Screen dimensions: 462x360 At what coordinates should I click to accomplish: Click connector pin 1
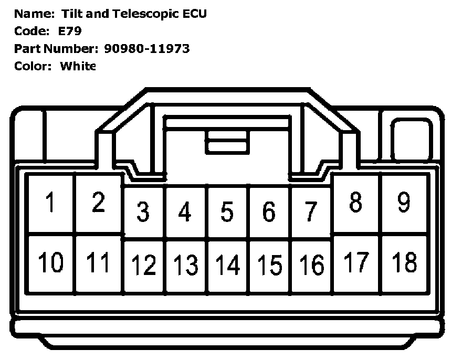pos(51,204)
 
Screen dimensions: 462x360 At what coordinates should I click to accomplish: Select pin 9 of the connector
pos(404,203)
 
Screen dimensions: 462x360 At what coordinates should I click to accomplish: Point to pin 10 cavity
pos(51,262)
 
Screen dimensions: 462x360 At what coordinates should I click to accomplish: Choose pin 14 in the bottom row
pos(227,266)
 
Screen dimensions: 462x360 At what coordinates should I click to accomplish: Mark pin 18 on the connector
pos(404,262)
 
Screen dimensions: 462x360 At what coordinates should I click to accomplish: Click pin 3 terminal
pos(143,211)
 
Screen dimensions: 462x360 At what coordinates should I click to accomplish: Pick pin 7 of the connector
pos(311,211)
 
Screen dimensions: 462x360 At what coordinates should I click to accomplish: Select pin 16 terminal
pos(311,266)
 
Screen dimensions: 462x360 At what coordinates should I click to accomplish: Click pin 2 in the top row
pos(98,203)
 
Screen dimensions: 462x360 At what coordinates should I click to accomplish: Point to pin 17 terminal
pos(356,262)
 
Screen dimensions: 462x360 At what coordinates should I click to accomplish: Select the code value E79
pos(70,31)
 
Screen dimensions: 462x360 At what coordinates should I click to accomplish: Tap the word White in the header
pos(78,66)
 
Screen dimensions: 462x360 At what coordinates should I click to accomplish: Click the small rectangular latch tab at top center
pos(227,142)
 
